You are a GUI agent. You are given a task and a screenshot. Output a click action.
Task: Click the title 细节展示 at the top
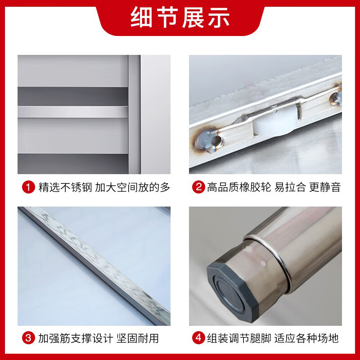(x=180, y=18)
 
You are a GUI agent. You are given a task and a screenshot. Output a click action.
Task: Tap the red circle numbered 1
(x=29, y=187)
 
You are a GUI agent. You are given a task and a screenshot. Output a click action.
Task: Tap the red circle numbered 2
(x=198, y=187)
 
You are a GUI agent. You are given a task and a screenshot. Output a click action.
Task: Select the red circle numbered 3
(x=29, y=337)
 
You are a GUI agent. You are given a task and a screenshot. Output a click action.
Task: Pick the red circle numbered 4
(x=198, y=337)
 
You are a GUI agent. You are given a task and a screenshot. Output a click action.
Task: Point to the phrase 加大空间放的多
(x=133, y=187)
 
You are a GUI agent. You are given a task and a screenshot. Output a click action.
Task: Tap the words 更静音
(x=325, y=187)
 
